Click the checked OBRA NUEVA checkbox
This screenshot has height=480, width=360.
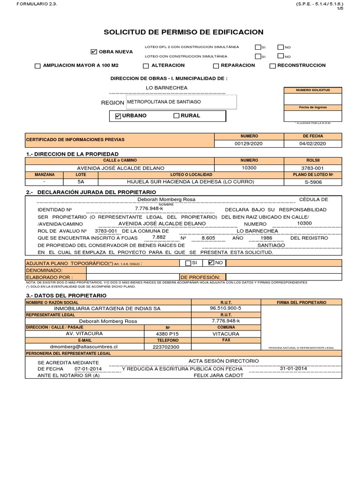pos(94,52)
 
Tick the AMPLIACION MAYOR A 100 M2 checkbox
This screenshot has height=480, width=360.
pos(37,66)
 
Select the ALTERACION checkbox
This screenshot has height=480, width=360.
pos(146,66)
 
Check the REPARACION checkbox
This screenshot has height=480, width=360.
pos(216,66)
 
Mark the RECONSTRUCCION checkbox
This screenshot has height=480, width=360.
pos(273,66)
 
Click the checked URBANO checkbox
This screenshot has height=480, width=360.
pos(118,116)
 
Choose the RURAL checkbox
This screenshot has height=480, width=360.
pos(176,116)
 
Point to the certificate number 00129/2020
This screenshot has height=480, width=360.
pos(249,144)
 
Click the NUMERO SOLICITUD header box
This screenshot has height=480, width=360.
pos(313,90)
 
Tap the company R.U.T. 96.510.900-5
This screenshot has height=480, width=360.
pos(226,309)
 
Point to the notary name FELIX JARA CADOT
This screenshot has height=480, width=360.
pos(215,375)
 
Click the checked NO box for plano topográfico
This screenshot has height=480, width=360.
pos(211,263)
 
